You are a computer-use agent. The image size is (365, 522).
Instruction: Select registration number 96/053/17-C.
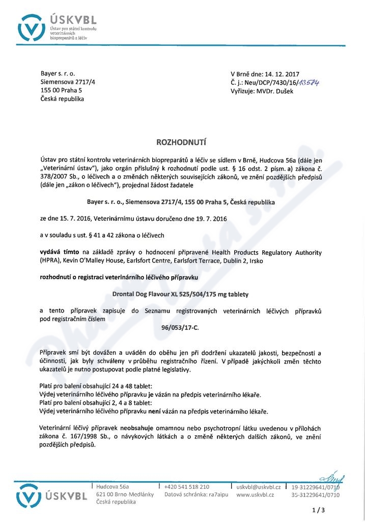[182, 327]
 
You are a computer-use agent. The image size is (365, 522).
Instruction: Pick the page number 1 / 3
[318, 510]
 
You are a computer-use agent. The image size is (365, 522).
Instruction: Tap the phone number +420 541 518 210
[186, 487]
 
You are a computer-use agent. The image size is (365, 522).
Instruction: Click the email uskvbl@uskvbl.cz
[259, 487]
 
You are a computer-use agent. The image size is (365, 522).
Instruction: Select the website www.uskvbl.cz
[255, 494]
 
